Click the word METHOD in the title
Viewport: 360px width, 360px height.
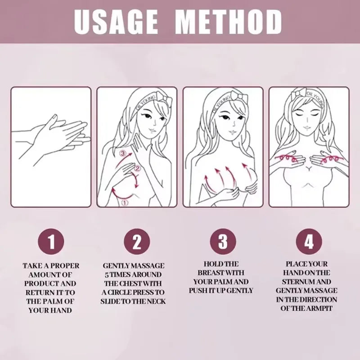click(x=229, y=22)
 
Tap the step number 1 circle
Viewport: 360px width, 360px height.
click(x=51, y=242)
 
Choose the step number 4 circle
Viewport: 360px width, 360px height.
click(x=309, y=242)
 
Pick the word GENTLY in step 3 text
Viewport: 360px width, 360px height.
click(x=239, y=290)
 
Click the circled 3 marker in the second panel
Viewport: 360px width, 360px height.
click(x=122, y=154)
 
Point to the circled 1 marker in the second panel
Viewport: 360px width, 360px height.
click(x=125, y=202)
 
